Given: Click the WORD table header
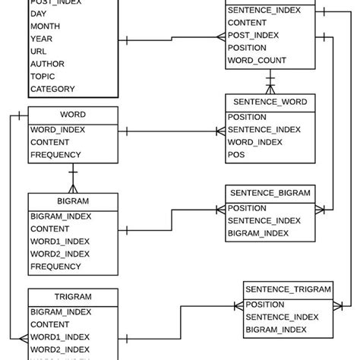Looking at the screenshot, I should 73,115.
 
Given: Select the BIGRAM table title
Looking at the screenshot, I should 73,201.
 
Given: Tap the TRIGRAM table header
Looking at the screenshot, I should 73,296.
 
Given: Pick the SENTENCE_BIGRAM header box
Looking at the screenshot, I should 270,193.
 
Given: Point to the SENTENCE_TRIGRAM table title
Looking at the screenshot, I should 288,289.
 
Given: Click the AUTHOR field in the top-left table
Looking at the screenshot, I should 47,63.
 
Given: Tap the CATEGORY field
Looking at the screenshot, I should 52,89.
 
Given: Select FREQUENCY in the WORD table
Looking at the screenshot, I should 55,155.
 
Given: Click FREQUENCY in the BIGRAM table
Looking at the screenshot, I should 55,267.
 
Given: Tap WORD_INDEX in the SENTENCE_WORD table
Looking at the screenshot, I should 255,143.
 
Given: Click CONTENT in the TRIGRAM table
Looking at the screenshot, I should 50,324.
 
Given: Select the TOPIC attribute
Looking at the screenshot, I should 43,76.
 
